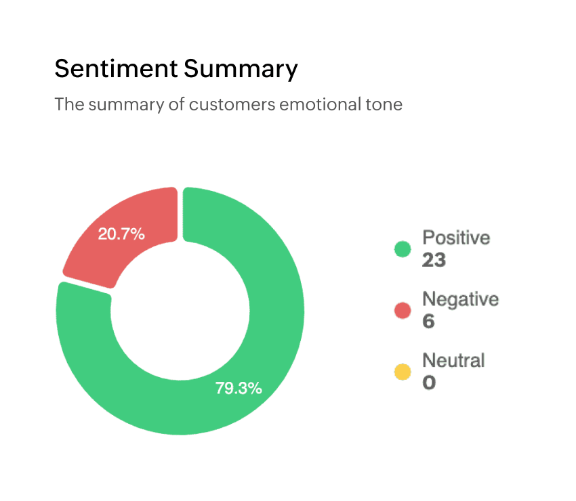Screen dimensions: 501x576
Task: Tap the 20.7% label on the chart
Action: coord(121,234)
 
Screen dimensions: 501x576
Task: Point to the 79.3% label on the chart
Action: coord(239,389)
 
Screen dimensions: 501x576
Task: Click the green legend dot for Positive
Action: coord(403,249)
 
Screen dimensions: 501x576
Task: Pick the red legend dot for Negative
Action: coord(403,310)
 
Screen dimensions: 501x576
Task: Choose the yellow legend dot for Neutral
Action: coord(403,372)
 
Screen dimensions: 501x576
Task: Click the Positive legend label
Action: coord(455,238)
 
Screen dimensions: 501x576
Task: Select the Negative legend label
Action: coord(460,299)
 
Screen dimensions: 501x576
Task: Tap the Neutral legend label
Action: coord(453,360)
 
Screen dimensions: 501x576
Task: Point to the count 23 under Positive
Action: coord(434,260)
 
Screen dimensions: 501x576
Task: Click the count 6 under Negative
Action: coord(428,321)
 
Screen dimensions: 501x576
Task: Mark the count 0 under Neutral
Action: coord(429,383)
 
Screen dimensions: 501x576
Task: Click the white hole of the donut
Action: coord(180,311)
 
